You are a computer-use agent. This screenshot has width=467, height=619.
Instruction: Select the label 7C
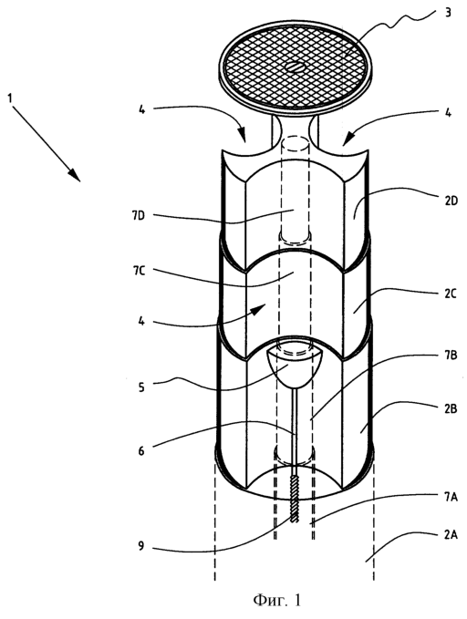click(139, 272)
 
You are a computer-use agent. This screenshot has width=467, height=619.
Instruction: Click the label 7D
click(139, 216)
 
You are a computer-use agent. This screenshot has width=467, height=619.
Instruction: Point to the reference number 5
click(141, 387)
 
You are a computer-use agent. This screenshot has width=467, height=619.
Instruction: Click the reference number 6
click(141, 450)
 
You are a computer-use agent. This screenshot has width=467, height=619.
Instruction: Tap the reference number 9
click(141, 546)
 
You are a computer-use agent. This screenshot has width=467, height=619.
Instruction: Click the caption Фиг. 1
click(276, 600)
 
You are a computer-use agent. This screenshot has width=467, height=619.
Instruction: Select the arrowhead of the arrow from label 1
click(75, 175)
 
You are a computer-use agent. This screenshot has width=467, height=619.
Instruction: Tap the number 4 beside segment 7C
click(141, 321)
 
